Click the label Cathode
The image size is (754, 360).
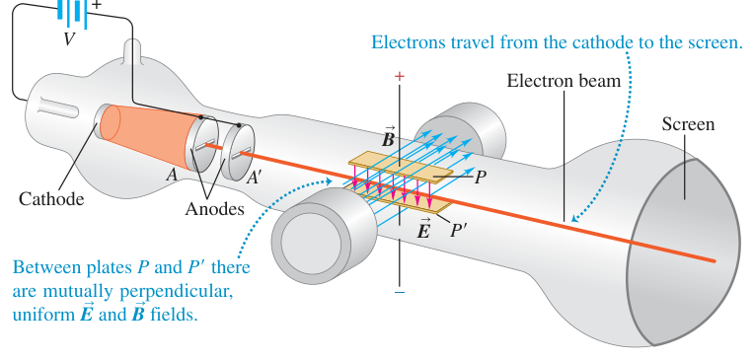51,198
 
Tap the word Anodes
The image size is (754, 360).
214,209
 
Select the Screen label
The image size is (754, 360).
688,124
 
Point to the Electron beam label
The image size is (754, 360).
565,80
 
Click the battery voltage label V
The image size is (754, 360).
70,39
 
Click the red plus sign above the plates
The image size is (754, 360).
399,76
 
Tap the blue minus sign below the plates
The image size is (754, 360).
399,292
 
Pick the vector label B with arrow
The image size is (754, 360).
388,136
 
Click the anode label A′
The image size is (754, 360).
254,179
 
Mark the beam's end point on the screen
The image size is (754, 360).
715,261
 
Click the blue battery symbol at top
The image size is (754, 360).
73,14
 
